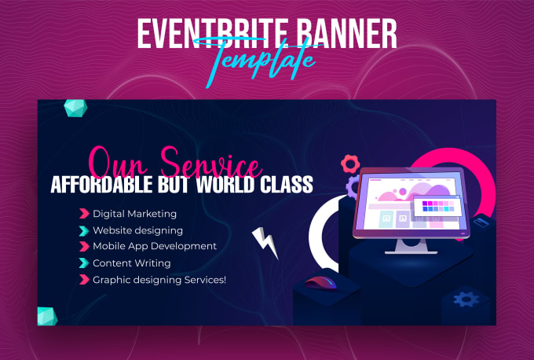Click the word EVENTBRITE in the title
(213, 34)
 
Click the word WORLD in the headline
(225, 185)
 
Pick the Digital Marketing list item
(134, 214)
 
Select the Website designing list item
(137, 231)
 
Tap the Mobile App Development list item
(155, 247)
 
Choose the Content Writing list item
(132, 263)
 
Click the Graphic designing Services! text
(159, 280)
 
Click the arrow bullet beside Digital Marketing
(84, 214)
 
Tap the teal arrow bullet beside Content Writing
(84, 263)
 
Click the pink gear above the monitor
(350, 164)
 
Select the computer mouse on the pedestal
(320, 283)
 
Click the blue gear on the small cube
(466, 299)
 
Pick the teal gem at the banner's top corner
(75, 108)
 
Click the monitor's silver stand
(411, 246)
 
